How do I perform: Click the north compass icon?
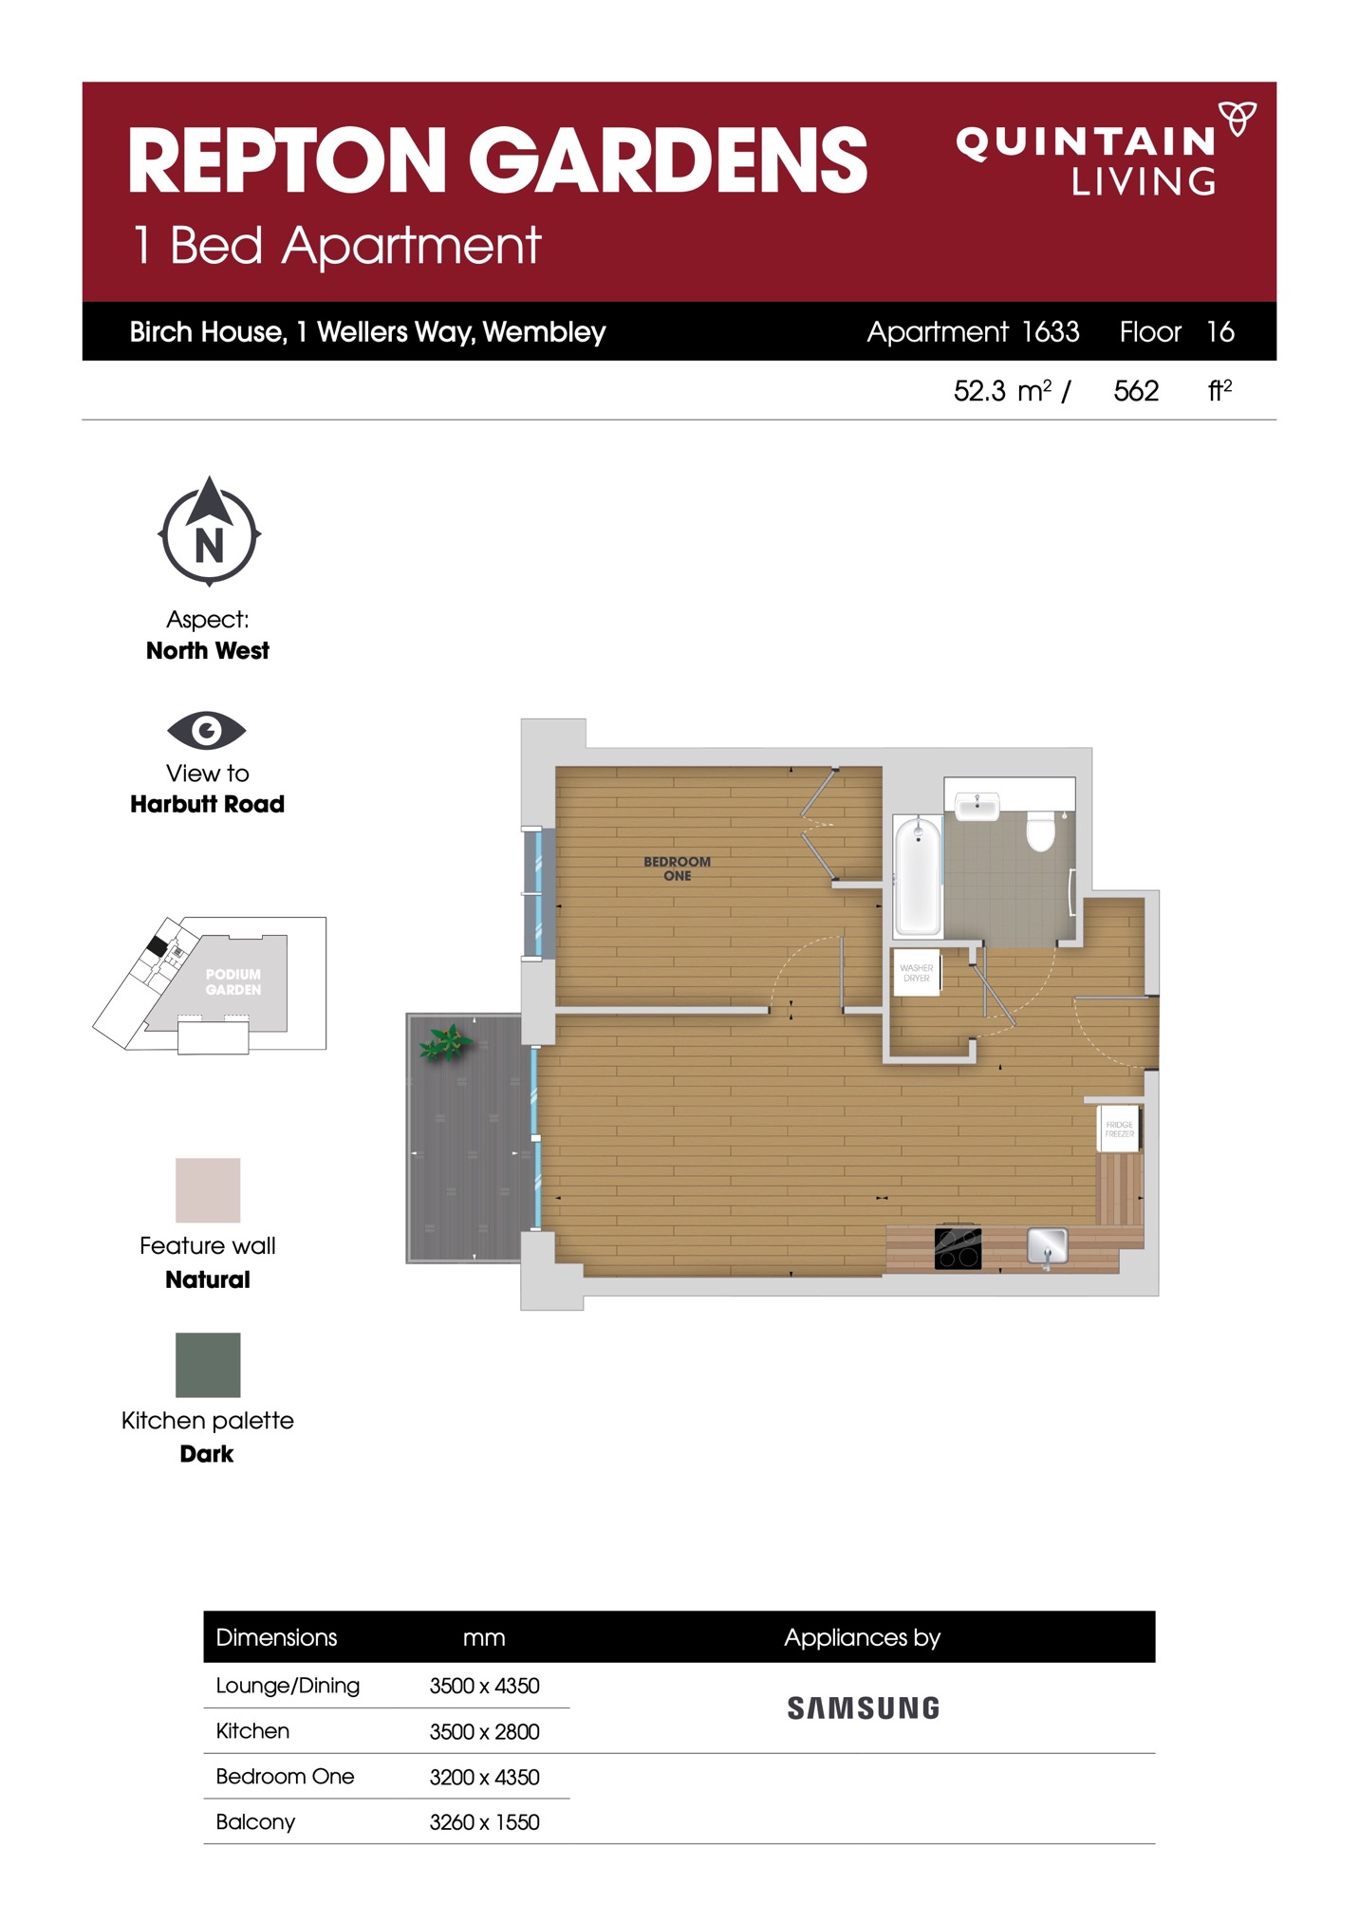209,532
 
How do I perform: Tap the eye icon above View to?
207,730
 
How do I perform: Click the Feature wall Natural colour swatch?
208,1189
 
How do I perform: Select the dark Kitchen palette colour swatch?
208,1365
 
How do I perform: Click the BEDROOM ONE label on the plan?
677,868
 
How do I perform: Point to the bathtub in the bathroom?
918,874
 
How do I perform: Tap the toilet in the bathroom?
1041,830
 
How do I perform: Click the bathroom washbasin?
977,807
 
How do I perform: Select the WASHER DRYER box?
917,972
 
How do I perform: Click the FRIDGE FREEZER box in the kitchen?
1119,1129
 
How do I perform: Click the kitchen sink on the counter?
1048,1246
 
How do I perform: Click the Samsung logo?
864,1708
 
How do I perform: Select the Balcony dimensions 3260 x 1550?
484,1822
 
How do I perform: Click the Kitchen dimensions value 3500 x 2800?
484,1731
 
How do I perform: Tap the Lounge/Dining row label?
288,1686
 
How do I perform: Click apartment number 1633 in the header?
1051,331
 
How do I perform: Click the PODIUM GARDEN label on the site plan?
233,981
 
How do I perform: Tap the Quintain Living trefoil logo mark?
1238,118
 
